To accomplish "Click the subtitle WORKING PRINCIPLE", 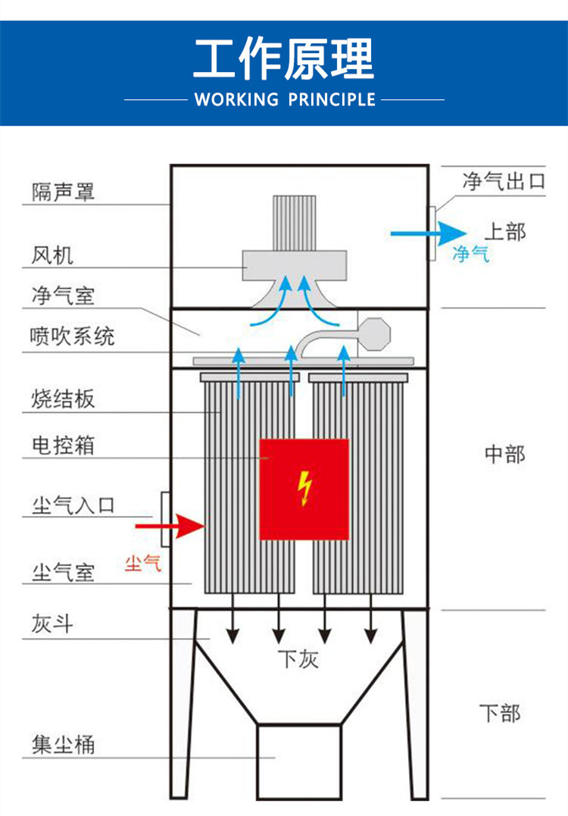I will pyautogui.click(x=284, y=99).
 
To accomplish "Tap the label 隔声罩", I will pyautogui.click(x=64, y=192).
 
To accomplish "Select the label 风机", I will pyautogui.click(x=52, y=255).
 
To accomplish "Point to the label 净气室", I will pyautogui.click(x=64, y=295).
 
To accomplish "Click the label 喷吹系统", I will pyautogui.click(x=73, y=336).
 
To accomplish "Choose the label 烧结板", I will pyautogui.click(x=64, y=399).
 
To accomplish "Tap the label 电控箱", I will pyautogui.click(x=64, y=444).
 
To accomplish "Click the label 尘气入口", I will pyautogui.click(x=73, y=505).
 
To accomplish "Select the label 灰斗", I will pyautogui.click(x=52, y=624).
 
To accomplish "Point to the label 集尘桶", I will pyautogui.click(x=64, y=744).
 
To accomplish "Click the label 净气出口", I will pyautogui.click(x=504, y=182).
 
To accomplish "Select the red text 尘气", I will pyautogui.click(x=143, y=563).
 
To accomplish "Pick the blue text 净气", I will pyautogui.click(x=470, y=254).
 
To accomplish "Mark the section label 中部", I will pyautogui.click(x=504, y=454).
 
